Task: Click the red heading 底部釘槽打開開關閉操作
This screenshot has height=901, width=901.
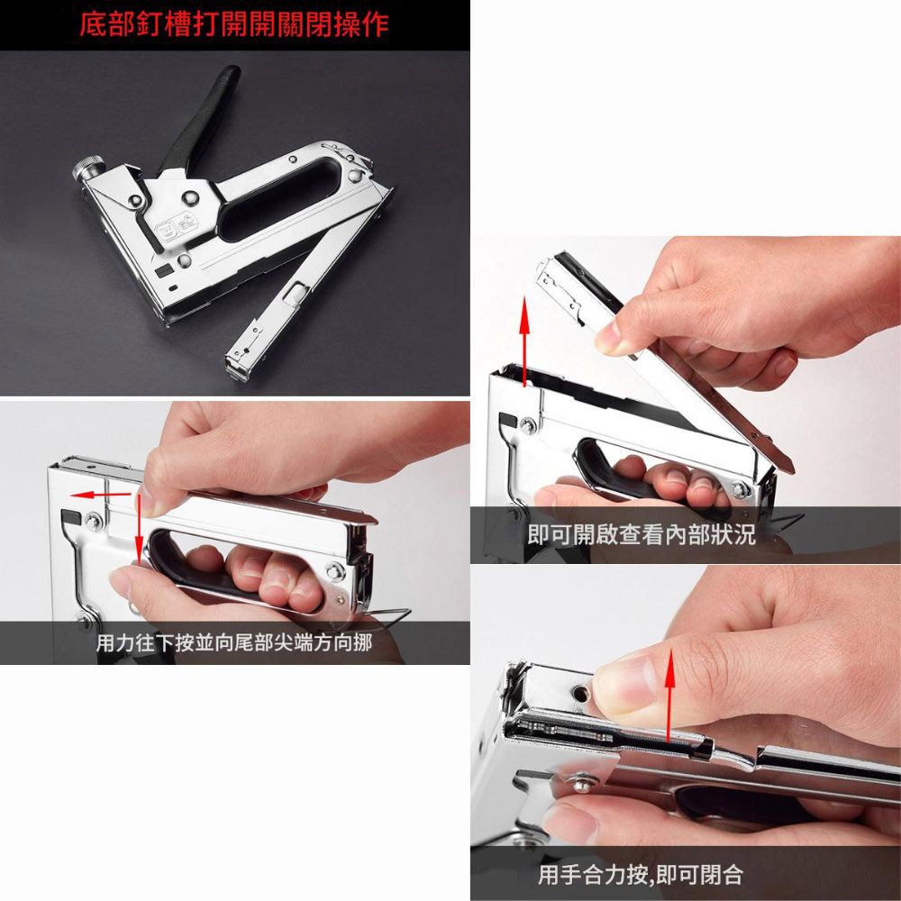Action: point(233,24)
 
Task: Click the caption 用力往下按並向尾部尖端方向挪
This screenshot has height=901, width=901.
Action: point(233,643)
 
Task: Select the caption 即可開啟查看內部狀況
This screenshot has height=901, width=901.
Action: point(641,536)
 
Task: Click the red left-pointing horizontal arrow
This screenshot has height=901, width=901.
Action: point(100,495)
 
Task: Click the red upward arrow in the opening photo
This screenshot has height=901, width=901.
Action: point(524,343)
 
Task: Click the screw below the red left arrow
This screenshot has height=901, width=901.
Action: point(93,520)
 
